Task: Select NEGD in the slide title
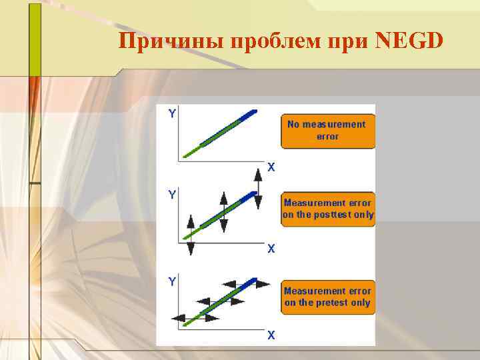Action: click(x=409, y=41)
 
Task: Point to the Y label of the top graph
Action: click(x=173, y=113)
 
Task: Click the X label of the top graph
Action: click(x=271, y=167)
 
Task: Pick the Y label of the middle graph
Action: click(x=173, y=195)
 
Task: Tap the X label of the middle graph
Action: click(x=271, y=249)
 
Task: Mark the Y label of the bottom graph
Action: click(x=173, y=281)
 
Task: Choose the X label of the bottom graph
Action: click(x=271, y=335)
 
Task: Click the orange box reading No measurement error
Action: click(x=327, y=131)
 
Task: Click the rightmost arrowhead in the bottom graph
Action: click(x=264, y=283)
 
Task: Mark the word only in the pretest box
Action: click(x=360, y=303)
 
